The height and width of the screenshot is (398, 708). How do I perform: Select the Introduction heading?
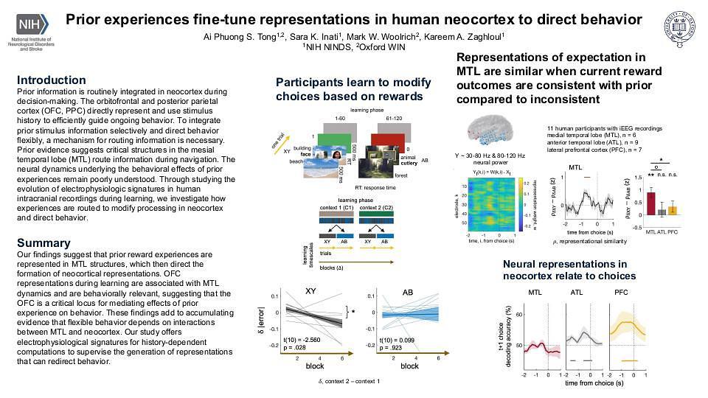[51, 80]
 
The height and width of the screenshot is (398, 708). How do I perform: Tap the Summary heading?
[44, 242]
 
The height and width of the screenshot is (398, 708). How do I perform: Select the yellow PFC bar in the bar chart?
[672, 209]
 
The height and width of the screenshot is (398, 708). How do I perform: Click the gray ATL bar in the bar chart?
[662, 212]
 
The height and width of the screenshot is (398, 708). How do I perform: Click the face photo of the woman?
[337, 157]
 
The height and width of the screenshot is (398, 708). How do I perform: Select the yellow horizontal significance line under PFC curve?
[629, 360]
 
